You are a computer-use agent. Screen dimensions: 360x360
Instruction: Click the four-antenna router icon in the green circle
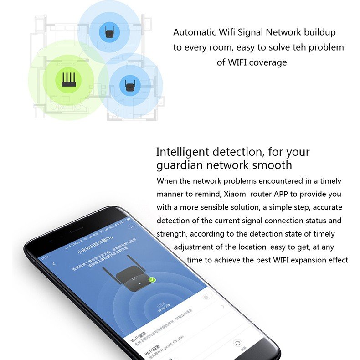(69, 79)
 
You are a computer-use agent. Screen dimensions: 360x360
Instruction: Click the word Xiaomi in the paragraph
(237, 194)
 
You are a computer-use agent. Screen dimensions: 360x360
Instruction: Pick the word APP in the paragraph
(277, 194)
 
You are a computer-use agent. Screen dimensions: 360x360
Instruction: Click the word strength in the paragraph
(171, 234)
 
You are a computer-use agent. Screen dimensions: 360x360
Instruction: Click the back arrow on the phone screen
(55, 264)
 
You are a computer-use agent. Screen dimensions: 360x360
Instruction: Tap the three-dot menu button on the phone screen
(133, 227)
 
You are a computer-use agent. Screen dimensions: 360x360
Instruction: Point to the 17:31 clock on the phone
(45, 257)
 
